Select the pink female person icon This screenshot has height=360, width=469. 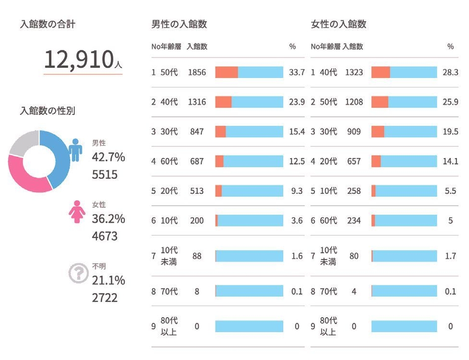[x=77, y=212]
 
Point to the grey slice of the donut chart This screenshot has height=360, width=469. [x=22, y=142]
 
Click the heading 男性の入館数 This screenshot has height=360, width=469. [x=179, y=24]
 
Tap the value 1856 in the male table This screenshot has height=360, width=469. [x=197, y=72]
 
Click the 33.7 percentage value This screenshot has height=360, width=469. [x=296, y=72]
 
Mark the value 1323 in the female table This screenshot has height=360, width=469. [x=354, y=72]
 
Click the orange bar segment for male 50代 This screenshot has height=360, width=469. [x=226, y=72]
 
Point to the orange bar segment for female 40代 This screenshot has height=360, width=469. [x=381, y=72]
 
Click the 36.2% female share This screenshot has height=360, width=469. [x=108, y=219]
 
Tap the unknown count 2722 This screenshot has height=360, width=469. [x=105, y=298]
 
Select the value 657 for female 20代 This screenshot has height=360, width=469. [x=354, y=161]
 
